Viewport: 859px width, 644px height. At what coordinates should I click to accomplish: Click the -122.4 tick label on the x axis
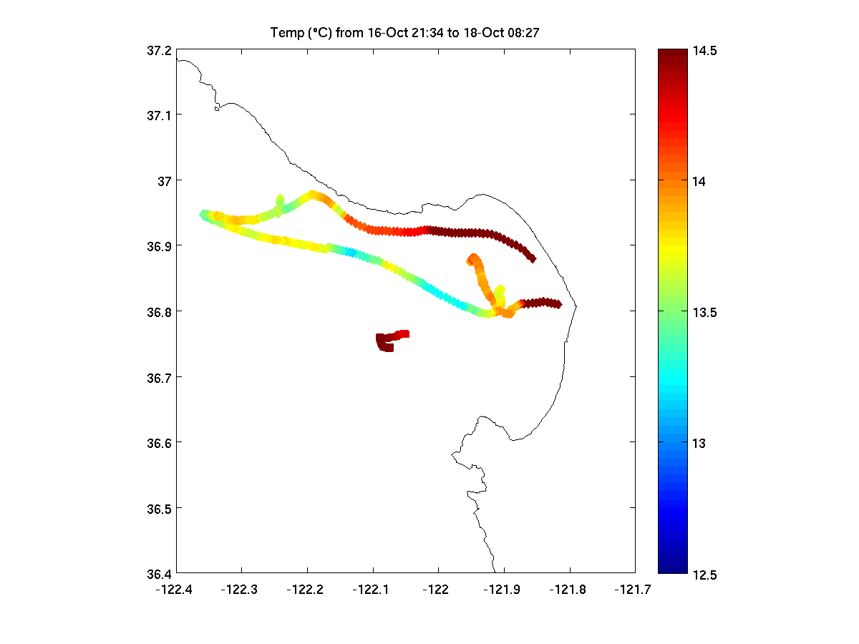click(x=176, y=589)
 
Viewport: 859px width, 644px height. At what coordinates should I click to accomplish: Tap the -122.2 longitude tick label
click(x=307, y=589)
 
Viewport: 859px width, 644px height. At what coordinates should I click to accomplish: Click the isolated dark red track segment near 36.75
click(x=390, y=340)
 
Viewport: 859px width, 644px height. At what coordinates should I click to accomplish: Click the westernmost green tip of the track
click(x=203, y=214)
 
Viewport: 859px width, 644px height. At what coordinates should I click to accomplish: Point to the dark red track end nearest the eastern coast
click(x=558, y=305)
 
